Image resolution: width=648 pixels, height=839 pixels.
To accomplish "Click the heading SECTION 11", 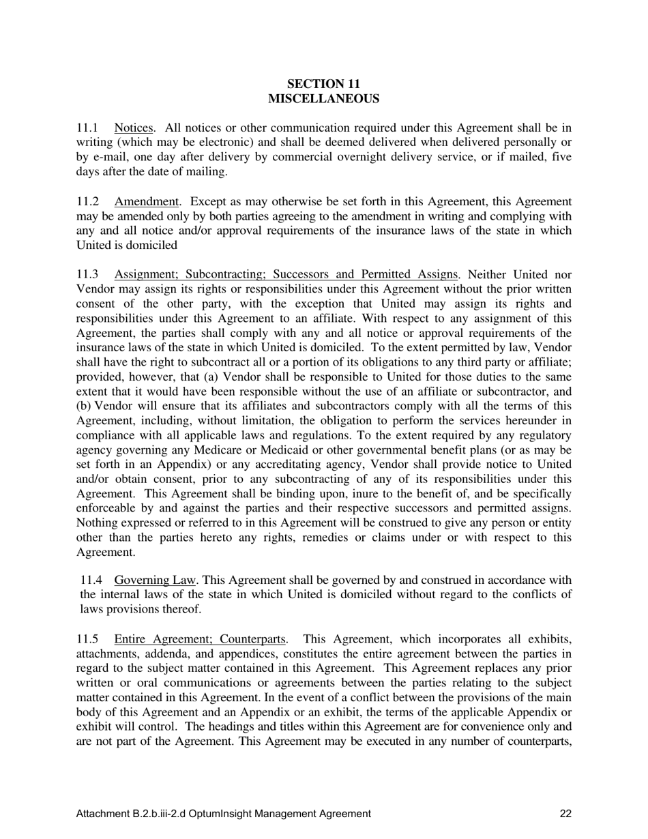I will pos(323,84).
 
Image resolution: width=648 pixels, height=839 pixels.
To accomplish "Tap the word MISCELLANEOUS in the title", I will pos(323,99).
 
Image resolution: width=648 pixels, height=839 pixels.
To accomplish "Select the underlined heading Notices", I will pos(133,128).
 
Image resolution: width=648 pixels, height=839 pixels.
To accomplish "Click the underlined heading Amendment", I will pos(146,201).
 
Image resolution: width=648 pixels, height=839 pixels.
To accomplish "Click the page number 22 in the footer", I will pos(565,813).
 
